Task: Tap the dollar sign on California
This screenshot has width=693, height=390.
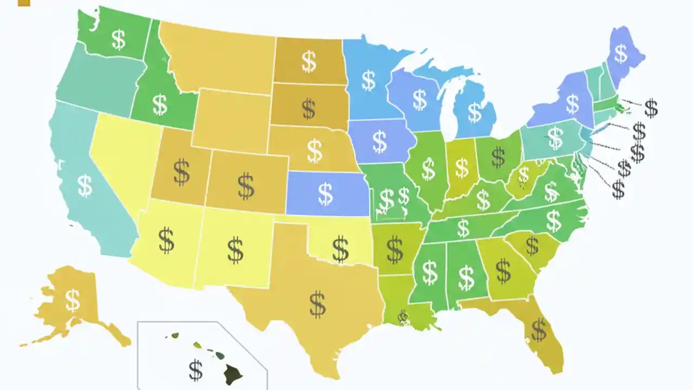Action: click(85, 185)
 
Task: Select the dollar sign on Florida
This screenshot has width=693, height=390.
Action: click(539, 330)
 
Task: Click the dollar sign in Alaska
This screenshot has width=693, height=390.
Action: click(73, 300)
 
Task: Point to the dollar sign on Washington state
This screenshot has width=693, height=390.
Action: click(119, 39)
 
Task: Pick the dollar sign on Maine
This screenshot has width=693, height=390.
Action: click(620, 53)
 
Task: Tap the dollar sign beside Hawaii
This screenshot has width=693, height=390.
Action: click(196, 370)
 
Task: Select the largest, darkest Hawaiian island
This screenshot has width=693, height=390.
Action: click(234, 373)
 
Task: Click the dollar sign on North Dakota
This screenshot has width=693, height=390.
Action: click(309, 62)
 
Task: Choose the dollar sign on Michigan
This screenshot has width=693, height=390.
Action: click(475, 112)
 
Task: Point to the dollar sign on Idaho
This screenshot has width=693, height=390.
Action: click(160, 105)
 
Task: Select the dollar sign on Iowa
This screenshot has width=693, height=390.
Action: click(380, 141)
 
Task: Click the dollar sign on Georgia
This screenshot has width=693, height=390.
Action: click(504, 270)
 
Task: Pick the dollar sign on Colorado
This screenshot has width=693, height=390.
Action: click(246, 186)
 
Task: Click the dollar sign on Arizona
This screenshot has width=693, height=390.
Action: click(166, 240)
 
